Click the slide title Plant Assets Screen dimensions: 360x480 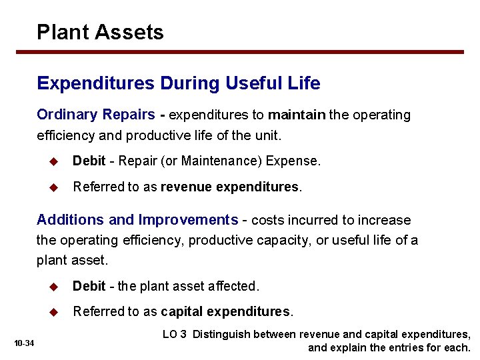[x=100, y=32]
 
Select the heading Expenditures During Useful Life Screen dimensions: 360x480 [x=178, y=83]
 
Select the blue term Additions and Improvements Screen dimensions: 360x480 [x=137, y=220]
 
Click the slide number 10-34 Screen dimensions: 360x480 [x=24, y=343]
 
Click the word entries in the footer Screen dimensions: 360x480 [x=407, y=348]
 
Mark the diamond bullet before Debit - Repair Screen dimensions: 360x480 [x=56, y=161]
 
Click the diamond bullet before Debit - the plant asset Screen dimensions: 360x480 [x=56, y=286]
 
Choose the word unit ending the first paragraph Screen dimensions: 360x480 [x=268, y=135]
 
